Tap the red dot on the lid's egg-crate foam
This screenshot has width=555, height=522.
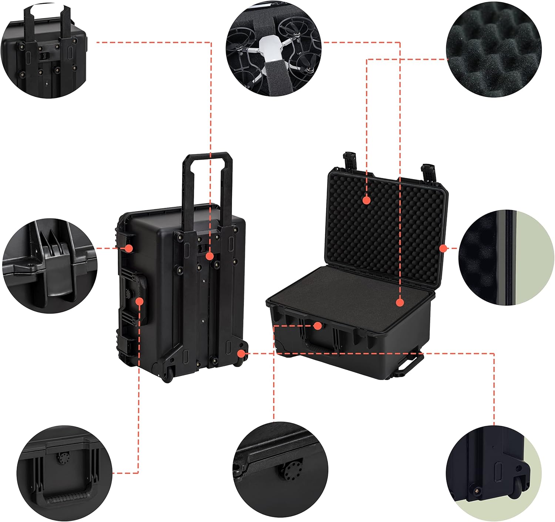coord(366,200)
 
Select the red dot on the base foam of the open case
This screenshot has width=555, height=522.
coord(400,302)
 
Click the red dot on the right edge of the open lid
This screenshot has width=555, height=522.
coord(443,248)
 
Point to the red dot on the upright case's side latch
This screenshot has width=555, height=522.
coord(129,248)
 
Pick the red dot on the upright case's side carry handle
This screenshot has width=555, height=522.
coord(139,302)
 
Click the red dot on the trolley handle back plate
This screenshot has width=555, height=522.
coord(209,256)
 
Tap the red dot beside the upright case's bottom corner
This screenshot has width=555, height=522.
coord(241,353)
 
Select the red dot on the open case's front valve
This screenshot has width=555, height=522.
coord(317,326)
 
